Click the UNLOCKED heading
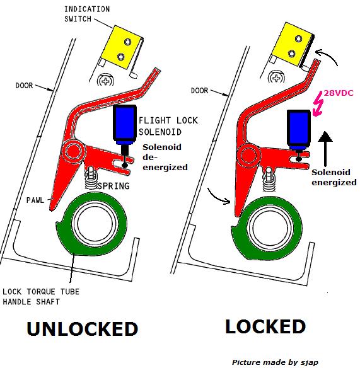[x=83, y=328]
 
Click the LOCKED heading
[x=265, y=326]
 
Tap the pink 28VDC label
[x=339, y=93]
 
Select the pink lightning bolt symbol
[x=318, y=104]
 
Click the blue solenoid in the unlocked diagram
[x=125, y=124]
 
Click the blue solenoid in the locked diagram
[x=299, y=129]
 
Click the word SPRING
[x=113, y=186]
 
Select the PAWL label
[x=35, y=200]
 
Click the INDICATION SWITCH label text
[x=87, y=14]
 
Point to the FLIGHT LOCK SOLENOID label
[x=168, y=126]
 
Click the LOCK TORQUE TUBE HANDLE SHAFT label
[x=41, y=297]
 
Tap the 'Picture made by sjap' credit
[x=275, y=362]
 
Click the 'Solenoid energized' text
[x=334, y=177]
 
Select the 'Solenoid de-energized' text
[x=165, y=157]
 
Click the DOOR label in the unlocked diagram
[x=24, y=86]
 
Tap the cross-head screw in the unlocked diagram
[x=106, y=81]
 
